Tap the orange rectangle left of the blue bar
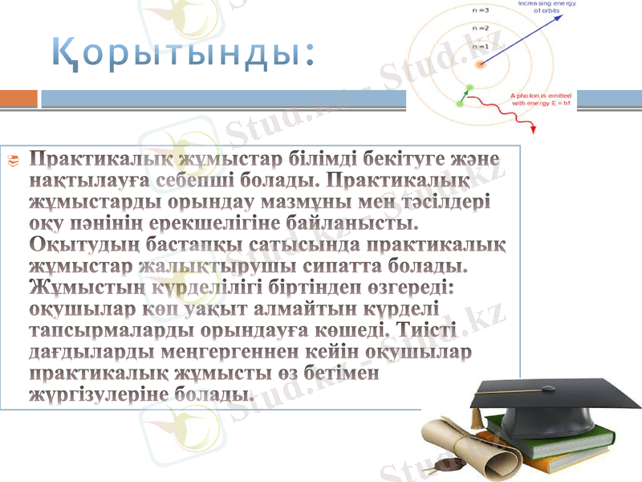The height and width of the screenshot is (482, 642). (18, 98)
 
